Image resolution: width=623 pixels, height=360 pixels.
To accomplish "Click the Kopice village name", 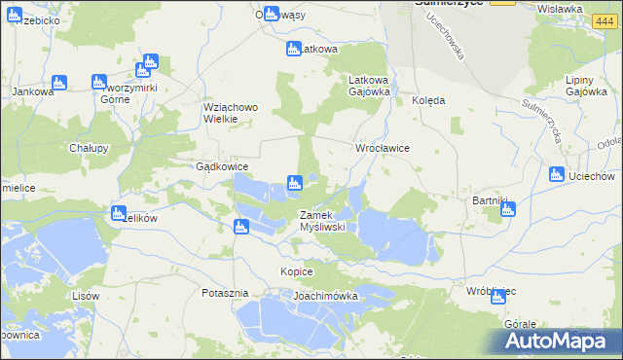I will [296, 271].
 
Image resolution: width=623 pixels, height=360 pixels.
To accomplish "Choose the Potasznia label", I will [226, 293].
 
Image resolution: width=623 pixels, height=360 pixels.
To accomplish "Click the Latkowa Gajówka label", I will [370, 86].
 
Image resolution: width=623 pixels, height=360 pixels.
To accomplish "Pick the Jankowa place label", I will [29, 91].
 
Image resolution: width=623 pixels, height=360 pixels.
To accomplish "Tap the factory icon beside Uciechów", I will [556, 175].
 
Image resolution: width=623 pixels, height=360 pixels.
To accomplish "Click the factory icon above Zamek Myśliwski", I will [293, 182].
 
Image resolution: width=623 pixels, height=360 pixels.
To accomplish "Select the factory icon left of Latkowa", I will [293, 49].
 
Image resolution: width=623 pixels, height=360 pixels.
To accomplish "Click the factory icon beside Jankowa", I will [58, 83].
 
